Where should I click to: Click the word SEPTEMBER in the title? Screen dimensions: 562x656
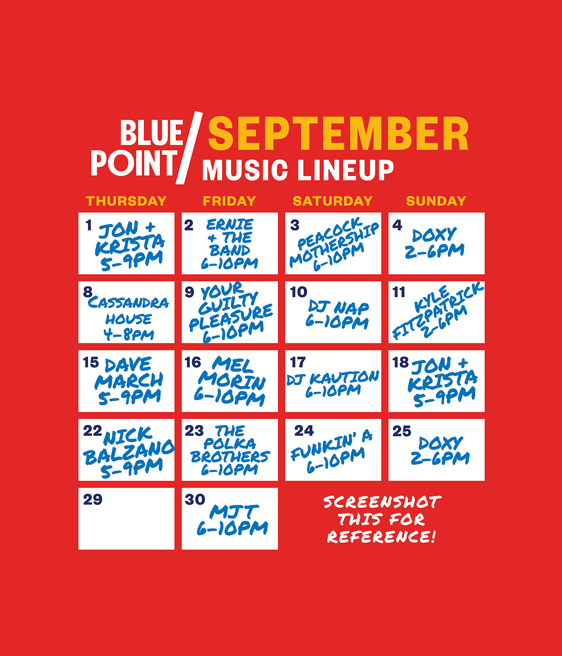pyautogui.click(x=338, y=133)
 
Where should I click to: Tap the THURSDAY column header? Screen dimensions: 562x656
pyautogui.click(x=126, y=201)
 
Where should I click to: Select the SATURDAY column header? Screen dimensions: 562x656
pyautogui.click(x=333, y=201)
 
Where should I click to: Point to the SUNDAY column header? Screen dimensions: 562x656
pyautogui.click(x=436, y=201)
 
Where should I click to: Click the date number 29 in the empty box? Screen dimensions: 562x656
pyautogui.click(x=93, y=499)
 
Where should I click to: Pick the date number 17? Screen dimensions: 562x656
pyautogui.click(x=298, y=362)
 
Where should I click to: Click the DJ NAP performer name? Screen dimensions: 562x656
pyautogui.click(x=339, y=307)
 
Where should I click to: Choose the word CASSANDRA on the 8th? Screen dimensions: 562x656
pyautogui.click(x=128, y=303)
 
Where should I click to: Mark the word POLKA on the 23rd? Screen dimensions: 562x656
pyautogui.click(x=229, y=443)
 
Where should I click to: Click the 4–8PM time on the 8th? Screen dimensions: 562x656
pyautogui.click(x=128, y=335)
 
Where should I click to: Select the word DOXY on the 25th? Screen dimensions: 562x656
pyautogui.click(x=440, y=443)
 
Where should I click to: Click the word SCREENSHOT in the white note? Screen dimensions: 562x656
pyautogui.click(x=382, y=502)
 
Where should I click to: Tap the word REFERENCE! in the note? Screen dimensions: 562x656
pyautogui.click(x=382, y=537)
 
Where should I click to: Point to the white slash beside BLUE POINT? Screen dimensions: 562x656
pyautogui.click(x=189, y=148)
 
